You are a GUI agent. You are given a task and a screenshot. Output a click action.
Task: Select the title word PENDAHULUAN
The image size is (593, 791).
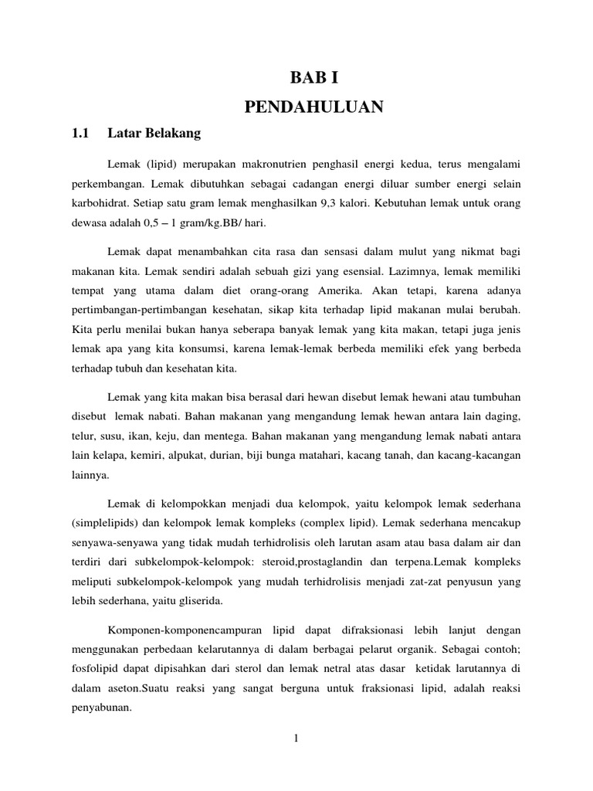313,107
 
